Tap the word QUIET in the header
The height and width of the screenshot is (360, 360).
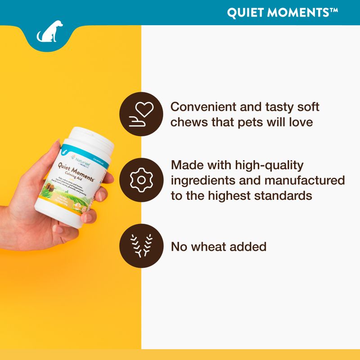point(244,12)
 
